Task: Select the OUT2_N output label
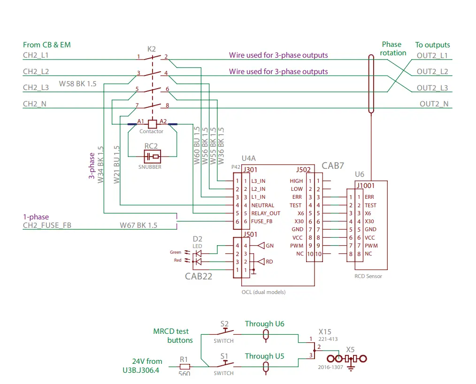pos(434,104)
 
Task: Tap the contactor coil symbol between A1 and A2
pos(152,124)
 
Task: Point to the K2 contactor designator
pos(151,49)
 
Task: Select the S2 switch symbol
pos(224,332)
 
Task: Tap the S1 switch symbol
pos(224,364)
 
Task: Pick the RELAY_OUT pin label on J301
pos(265,213)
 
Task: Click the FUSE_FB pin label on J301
pos(262,221)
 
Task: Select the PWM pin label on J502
pos(297,246)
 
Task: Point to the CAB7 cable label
pos(333,166)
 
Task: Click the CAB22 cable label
pos(198,276)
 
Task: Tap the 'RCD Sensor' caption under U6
pos(368,276)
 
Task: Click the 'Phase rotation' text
pos(393,49)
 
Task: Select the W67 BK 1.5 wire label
pos(138,226)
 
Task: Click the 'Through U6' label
pos(264,324)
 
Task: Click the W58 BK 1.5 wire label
pos(77,83)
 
